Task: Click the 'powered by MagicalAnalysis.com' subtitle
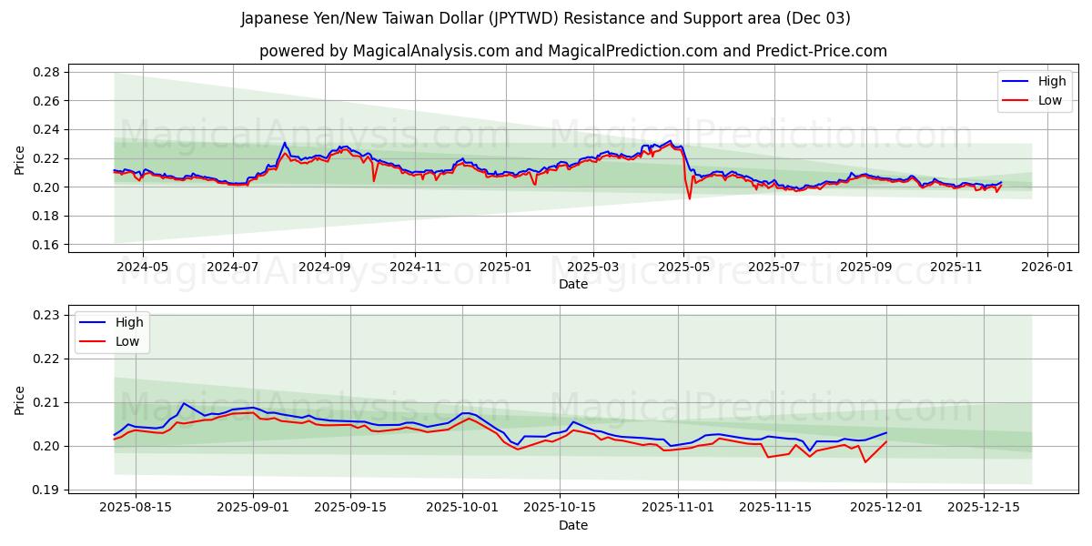572,51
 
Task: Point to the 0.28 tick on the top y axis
46,72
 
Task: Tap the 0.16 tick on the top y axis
46,245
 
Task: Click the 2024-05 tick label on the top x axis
143,268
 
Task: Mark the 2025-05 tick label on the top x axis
684,268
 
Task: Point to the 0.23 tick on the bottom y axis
46,315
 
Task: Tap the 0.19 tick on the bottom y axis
46,490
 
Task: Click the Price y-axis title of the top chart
20,158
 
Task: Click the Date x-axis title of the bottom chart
573,525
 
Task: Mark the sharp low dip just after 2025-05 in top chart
690,198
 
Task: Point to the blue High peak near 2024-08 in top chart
284,143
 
